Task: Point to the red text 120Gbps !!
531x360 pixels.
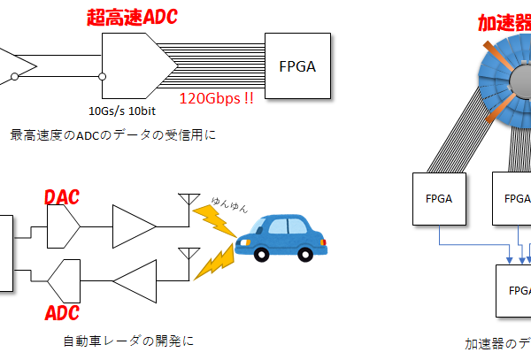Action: (216, 98)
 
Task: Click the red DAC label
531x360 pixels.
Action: (61, 196)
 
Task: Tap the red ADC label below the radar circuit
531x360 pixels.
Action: (61, 312)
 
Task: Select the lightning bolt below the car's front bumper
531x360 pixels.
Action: (213, 263)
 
